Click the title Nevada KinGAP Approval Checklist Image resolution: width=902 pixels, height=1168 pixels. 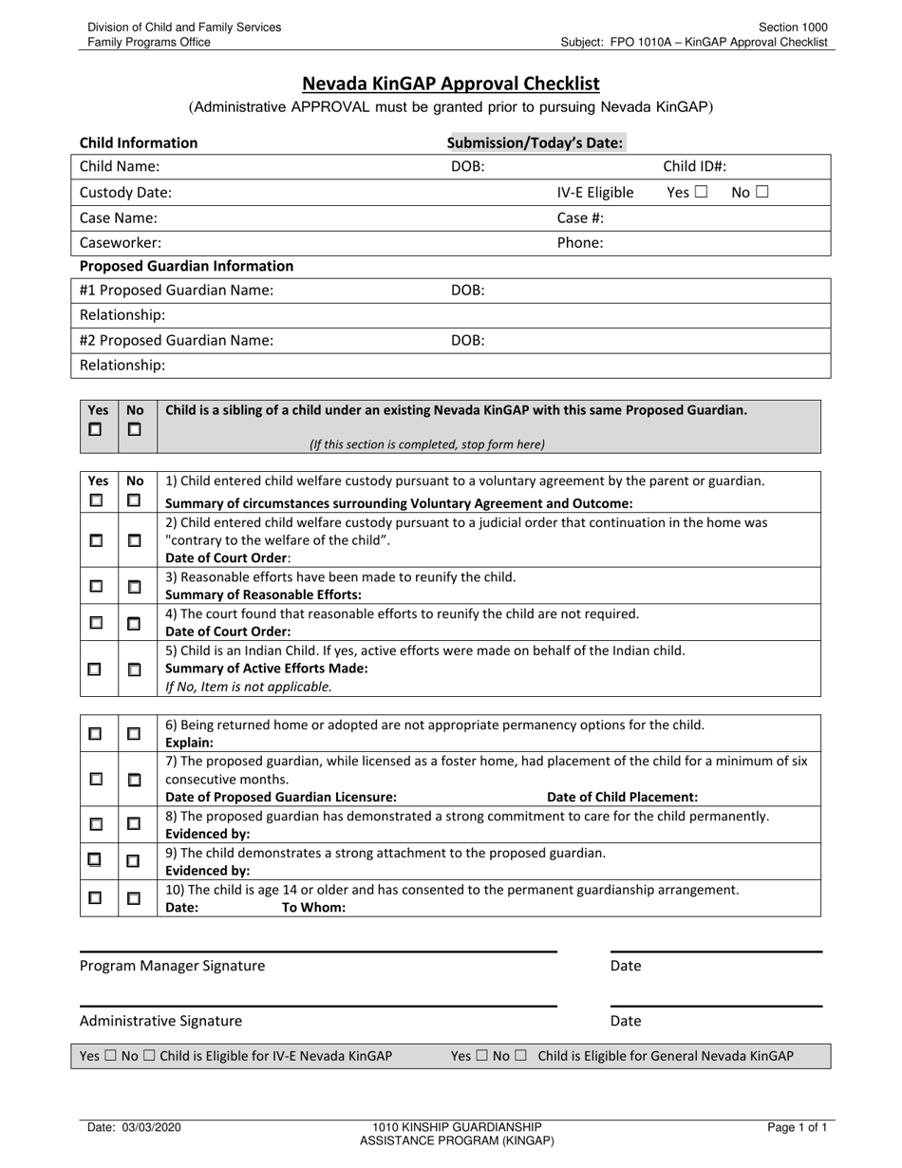pos(450,84)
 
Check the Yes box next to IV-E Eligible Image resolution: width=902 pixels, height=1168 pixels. pos(701,192)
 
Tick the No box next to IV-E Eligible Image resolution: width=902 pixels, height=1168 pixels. pos(761,192)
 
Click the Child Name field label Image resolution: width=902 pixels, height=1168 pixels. pos(120,167)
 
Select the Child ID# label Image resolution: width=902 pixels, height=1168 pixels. pos(694,167)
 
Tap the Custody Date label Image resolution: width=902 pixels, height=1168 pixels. pos(125,193)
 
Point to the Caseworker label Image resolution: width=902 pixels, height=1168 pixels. pos(120,242)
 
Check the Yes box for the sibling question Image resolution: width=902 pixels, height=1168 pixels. pos(96,429)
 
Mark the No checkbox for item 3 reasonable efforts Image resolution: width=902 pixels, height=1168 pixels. pos(134,587)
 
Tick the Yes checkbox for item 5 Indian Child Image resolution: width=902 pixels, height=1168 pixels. pos(95,669)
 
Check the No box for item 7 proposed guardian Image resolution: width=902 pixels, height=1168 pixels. pos(134,780)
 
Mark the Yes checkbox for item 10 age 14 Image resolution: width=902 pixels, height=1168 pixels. pos(95,897)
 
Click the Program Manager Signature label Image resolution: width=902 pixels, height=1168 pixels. pos(172,966)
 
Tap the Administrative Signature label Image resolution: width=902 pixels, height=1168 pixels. pos(160,1021)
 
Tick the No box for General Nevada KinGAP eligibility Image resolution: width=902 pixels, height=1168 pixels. pos(519,1056)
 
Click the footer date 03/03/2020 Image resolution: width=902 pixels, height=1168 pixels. pos(133,1128)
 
